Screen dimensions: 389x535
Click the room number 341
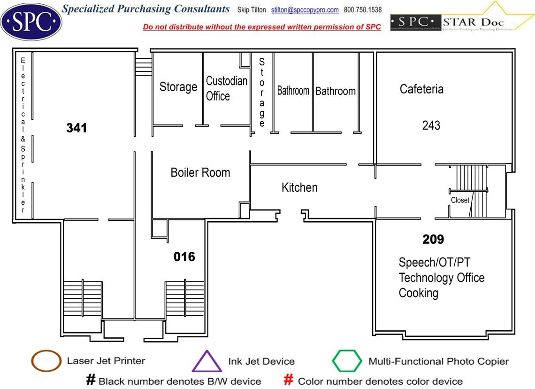76,128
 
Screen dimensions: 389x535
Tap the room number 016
184,257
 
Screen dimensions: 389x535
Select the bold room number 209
433,240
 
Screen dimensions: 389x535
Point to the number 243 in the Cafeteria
431,125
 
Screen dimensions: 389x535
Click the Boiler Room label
200,172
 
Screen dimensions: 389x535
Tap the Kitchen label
299,187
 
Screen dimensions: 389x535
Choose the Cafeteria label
421,89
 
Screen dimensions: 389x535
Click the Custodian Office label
227,88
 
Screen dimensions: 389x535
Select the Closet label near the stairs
460,200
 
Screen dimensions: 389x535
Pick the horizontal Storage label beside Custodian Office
178,87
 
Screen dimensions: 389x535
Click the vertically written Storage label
262,93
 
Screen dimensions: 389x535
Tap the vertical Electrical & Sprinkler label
23,134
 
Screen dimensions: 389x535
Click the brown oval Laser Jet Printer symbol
46,361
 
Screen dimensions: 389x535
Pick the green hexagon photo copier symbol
347,361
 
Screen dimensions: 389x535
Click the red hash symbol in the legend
289,380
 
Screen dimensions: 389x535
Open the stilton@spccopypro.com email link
311,10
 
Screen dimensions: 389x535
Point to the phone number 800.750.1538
363,10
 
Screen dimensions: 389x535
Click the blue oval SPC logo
31,21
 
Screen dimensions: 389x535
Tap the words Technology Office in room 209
441,278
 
